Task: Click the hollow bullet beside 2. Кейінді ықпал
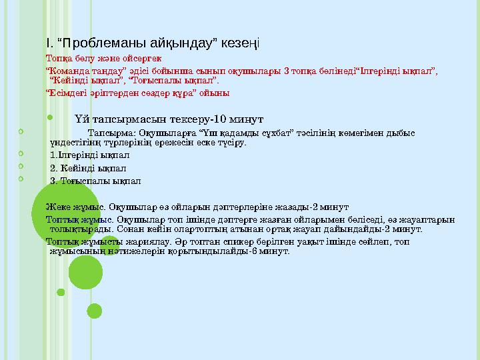[21, 166]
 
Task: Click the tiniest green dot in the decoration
[61, 291]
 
